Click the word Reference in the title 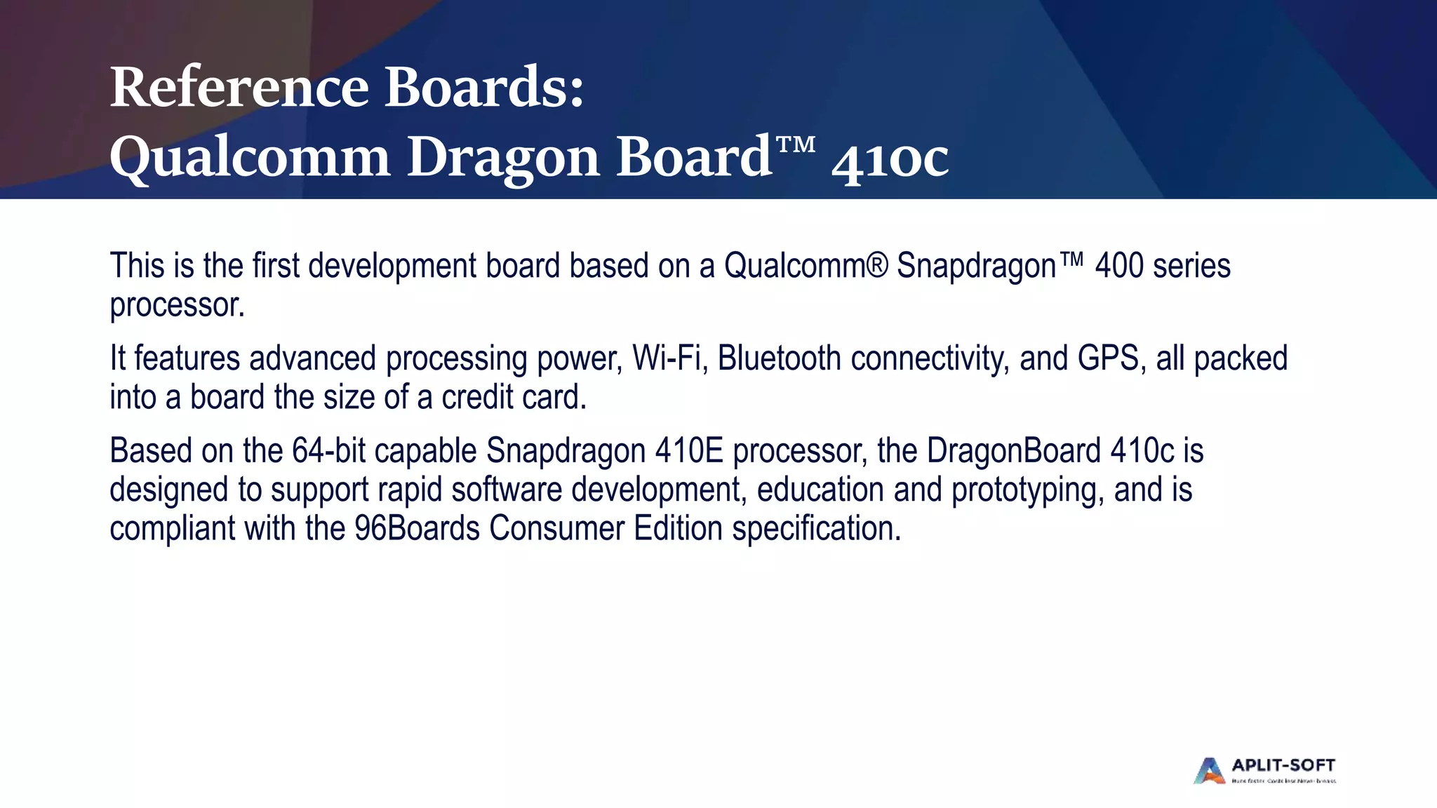coord(239,88)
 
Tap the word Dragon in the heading coord(503,157)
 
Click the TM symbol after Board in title coord(796,145)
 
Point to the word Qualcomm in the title coord(250,157)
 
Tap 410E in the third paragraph coord(689,451)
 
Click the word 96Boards coord(417,529)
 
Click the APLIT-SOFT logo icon coord(1209,770)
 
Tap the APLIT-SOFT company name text coord(1283,765)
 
